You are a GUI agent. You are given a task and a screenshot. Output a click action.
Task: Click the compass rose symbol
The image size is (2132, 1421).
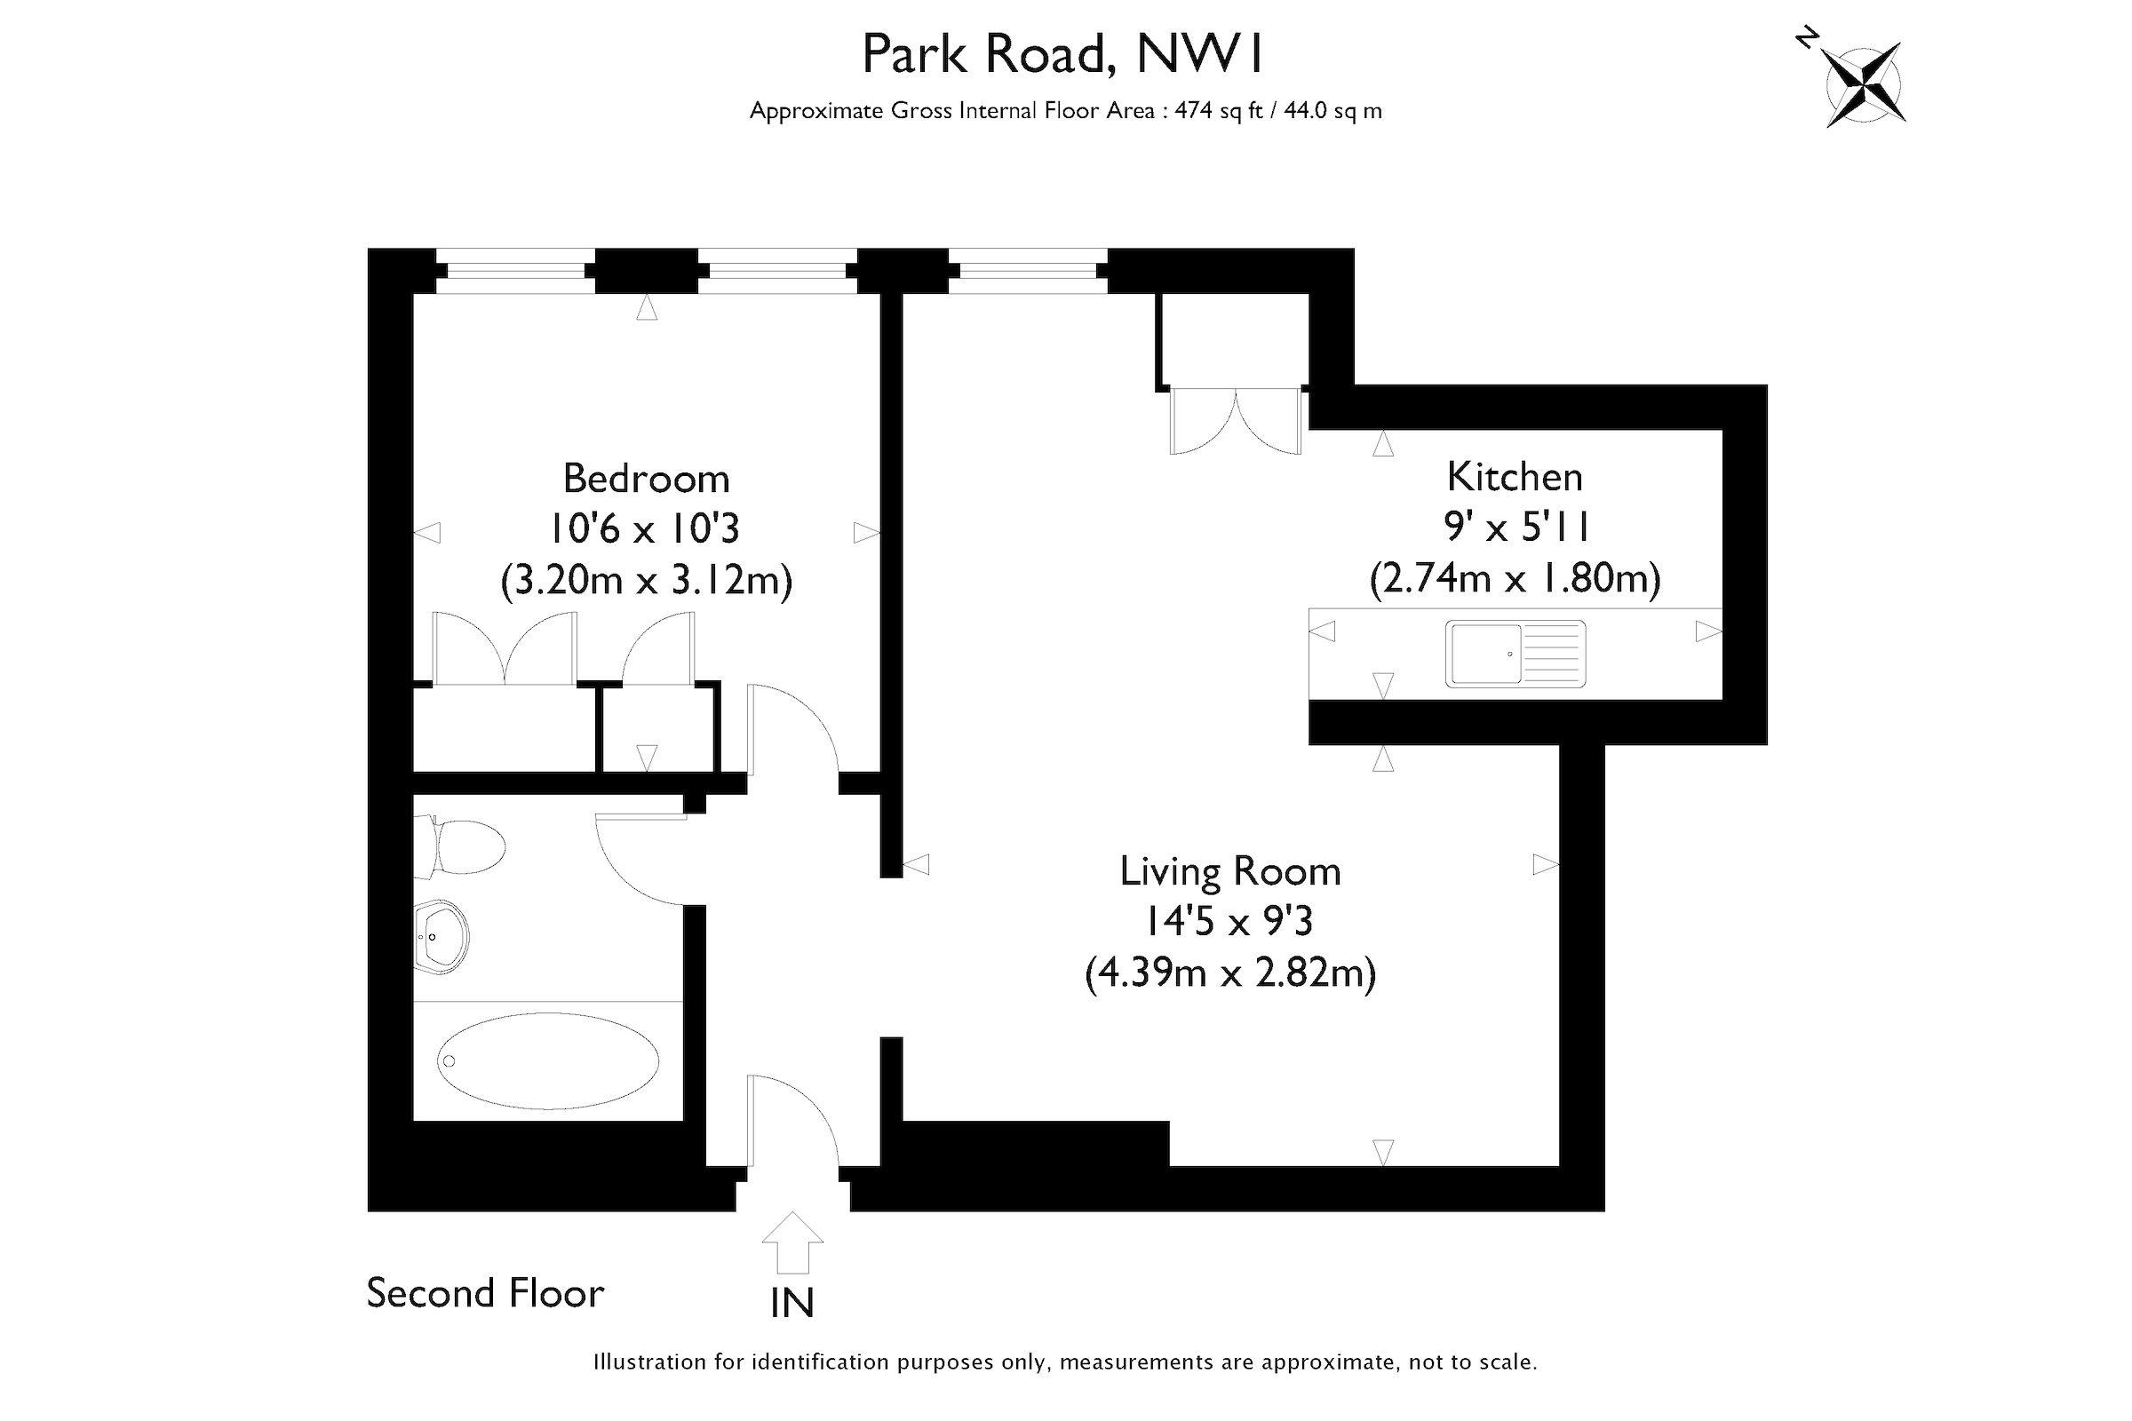[1864, 84]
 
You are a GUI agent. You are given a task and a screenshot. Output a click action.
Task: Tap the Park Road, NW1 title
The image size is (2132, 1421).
[1062, 54]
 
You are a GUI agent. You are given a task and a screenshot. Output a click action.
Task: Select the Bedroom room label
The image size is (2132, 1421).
[646, 479]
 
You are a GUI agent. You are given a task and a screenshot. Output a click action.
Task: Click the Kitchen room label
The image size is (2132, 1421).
[1514, 477]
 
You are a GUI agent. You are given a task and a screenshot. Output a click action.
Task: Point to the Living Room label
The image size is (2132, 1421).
[1230, 871]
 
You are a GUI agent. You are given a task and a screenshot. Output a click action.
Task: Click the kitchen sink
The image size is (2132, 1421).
[1515, 654]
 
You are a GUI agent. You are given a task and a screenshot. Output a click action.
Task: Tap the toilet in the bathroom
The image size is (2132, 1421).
[460, 846]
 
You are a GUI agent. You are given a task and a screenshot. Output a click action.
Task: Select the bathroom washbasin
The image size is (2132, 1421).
[442, 936]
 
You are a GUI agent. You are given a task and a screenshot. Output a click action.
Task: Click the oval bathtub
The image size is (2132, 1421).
[547, 1060]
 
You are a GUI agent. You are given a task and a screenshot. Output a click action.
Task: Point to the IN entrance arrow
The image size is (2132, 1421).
[792, 1245]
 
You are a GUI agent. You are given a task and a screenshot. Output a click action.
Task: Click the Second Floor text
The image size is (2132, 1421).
[485, 1293]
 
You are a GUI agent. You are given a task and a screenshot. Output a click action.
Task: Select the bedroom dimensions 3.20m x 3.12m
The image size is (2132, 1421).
[646, 580]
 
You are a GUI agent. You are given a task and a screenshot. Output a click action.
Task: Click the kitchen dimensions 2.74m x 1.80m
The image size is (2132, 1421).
[1514, 578]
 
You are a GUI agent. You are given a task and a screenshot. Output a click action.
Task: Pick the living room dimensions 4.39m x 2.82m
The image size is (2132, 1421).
[1230, 972]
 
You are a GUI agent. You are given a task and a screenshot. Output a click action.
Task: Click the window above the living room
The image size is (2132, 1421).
[1027, 270]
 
